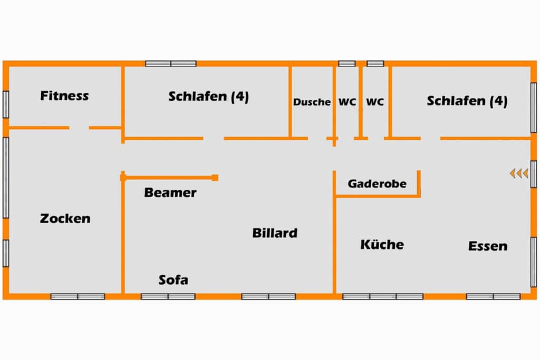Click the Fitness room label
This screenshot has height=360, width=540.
click(64, 96)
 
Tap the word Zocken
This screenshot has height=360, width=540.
click(65, 218)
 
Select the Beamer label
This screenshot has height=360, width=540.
click(170, 193)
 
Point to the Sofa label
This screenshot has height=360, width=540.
click(173, 280)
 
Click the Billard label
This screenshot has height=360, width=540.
click(274, 232)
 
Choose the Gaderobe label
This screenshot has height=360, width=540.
click(377, 184)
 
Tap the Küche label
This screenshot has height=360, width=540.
click(382, 245)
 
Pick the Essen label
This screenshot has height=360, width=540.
click(488, 246)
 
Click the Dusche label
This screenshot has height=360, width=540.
click(312, 102)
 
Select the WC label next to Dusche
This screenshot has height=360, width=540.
click(347, 102)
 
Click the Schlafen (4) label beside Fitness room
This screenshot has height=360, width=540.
click(208, 97)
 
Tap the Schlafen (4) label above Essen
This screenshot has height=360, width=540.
click(467, 101)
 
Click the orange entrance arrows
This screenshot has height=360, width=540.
click(519, 173)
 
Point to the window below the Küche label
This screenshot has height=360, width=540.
click(383, 296)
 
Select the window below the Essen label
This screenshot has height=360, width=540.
click(493, 296)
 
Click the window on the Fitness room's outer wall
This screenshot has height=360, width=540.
click(6, 104)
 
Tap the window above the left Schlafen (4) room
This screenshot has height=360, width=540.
click(171, 64)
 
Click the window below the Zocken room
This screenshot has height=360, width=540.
click(78, 296)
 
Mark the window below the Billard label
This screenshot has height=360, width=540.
click(268, 296)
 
